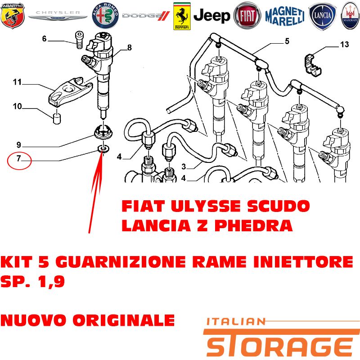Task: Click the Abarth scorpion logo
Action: pyautogui.click(x=13, y=16)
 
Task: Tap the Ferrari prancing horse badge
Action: pyautogui.click(x=182, y=16)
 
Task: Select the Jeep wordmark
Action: pyautogui.click(x=211, y=16)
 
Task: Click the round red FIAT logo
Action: pyautogui.click(x=247, y=16)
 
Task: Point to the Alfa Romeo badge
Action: pyautogui.click(x=105, y=16)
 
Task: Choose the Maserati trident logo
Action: pyautogui.click(x=350, y=16)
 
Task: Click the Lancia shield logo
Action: pyautogui.click(x=322, y=17)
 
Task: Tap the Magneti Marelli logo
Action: pyautogui.click(x=285, y=16)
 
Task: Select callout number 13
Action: pyautogui.click(x=344, y=44)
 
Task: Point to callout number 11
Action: pyautogui.click(x=17, y=82)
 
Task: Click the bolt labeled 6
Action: pyautogui.click(x=79, y=40)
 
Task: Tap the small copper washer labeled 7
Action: pyautogui.click(x=103, y=149)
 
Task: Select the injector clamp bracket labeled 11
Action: pyautogui.click(x=70, y=92)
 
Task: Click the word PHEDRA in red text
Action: pyautogui.click(x=253, y=226)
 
